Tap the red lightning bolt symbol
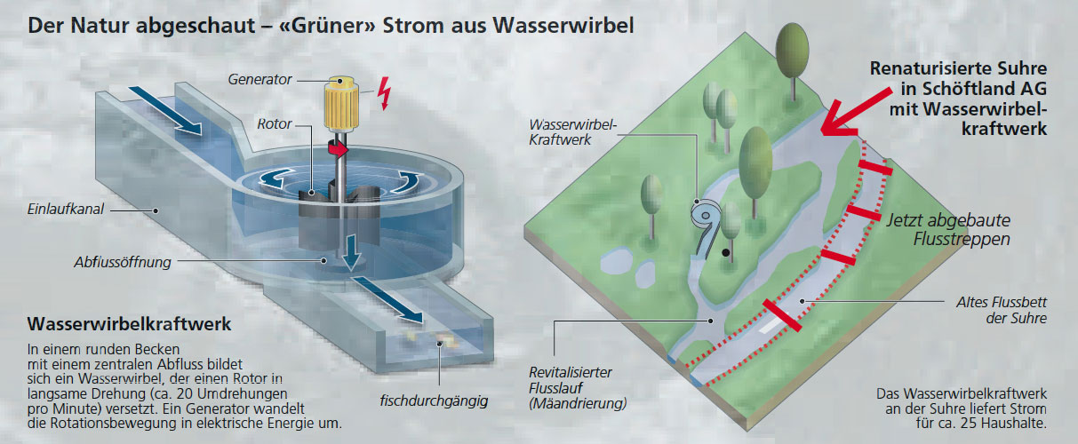[x=384, y=91]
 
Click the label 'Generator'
[x=260, y=80]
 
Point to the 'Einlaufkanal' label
[x=64, y=210]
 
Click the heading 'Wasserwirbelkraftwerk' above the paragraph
[x=130, y=324]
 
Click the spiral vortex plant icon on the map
[x=707, y=215]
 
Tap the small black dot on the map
[x=727, y=253]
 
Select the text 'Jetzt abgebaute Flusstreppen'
[x=947, y=230]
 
